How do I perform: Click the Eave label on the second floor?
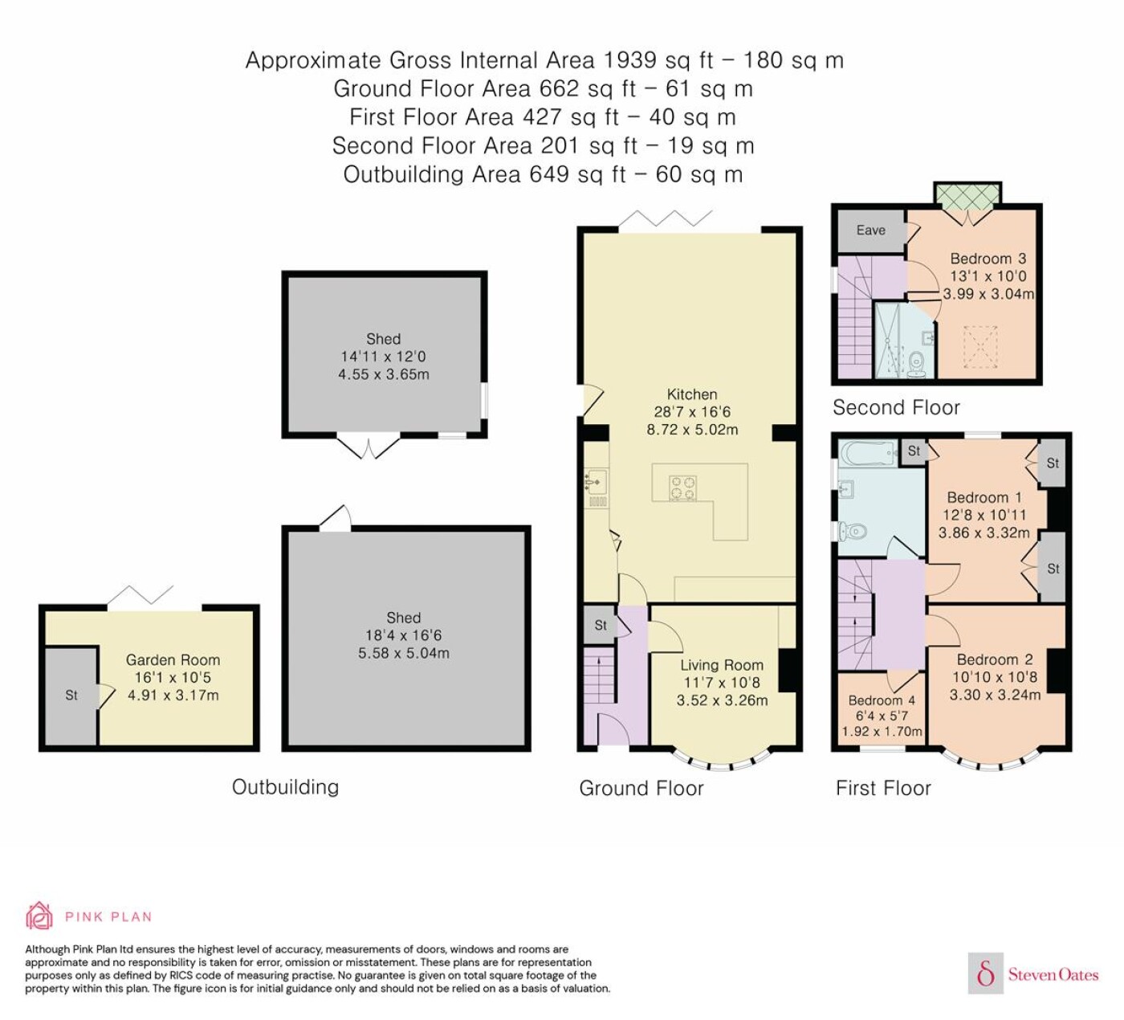[x=870, y=230]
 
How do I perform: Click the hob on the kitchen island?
[x=683, y=488]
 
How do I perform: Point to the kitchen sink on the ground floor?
[x=595, y=482]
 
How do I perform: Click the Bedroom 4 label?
[x=882, y=700]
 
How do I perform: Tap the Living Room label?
[x=722, y=665]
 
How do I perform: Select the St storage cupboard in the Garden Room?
[x=71, y=696]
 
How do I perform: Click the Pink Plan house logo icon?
[x=40, y=916]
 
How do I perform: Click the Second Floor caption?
[x=896, y=408]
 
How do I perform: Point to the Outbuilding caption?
[x=285, y=787]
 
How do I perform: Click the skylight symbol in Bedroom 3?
[x=980, y=347]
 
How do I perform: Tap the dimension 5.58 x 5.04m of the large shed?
[x=403, y=653]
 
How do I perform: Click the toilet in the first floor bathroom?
[x=853, y=530]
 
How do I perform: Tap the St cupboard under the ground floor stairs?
[x=600, y=625]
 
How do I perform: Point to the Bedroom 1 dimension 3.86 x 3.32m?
[x=984, y=532]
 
